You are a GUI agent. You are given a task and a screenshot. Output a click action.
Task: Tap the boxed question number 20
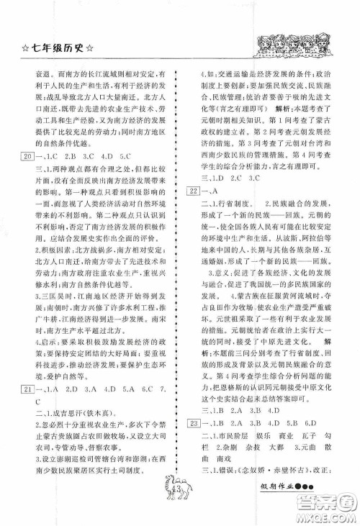point(30,135)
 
